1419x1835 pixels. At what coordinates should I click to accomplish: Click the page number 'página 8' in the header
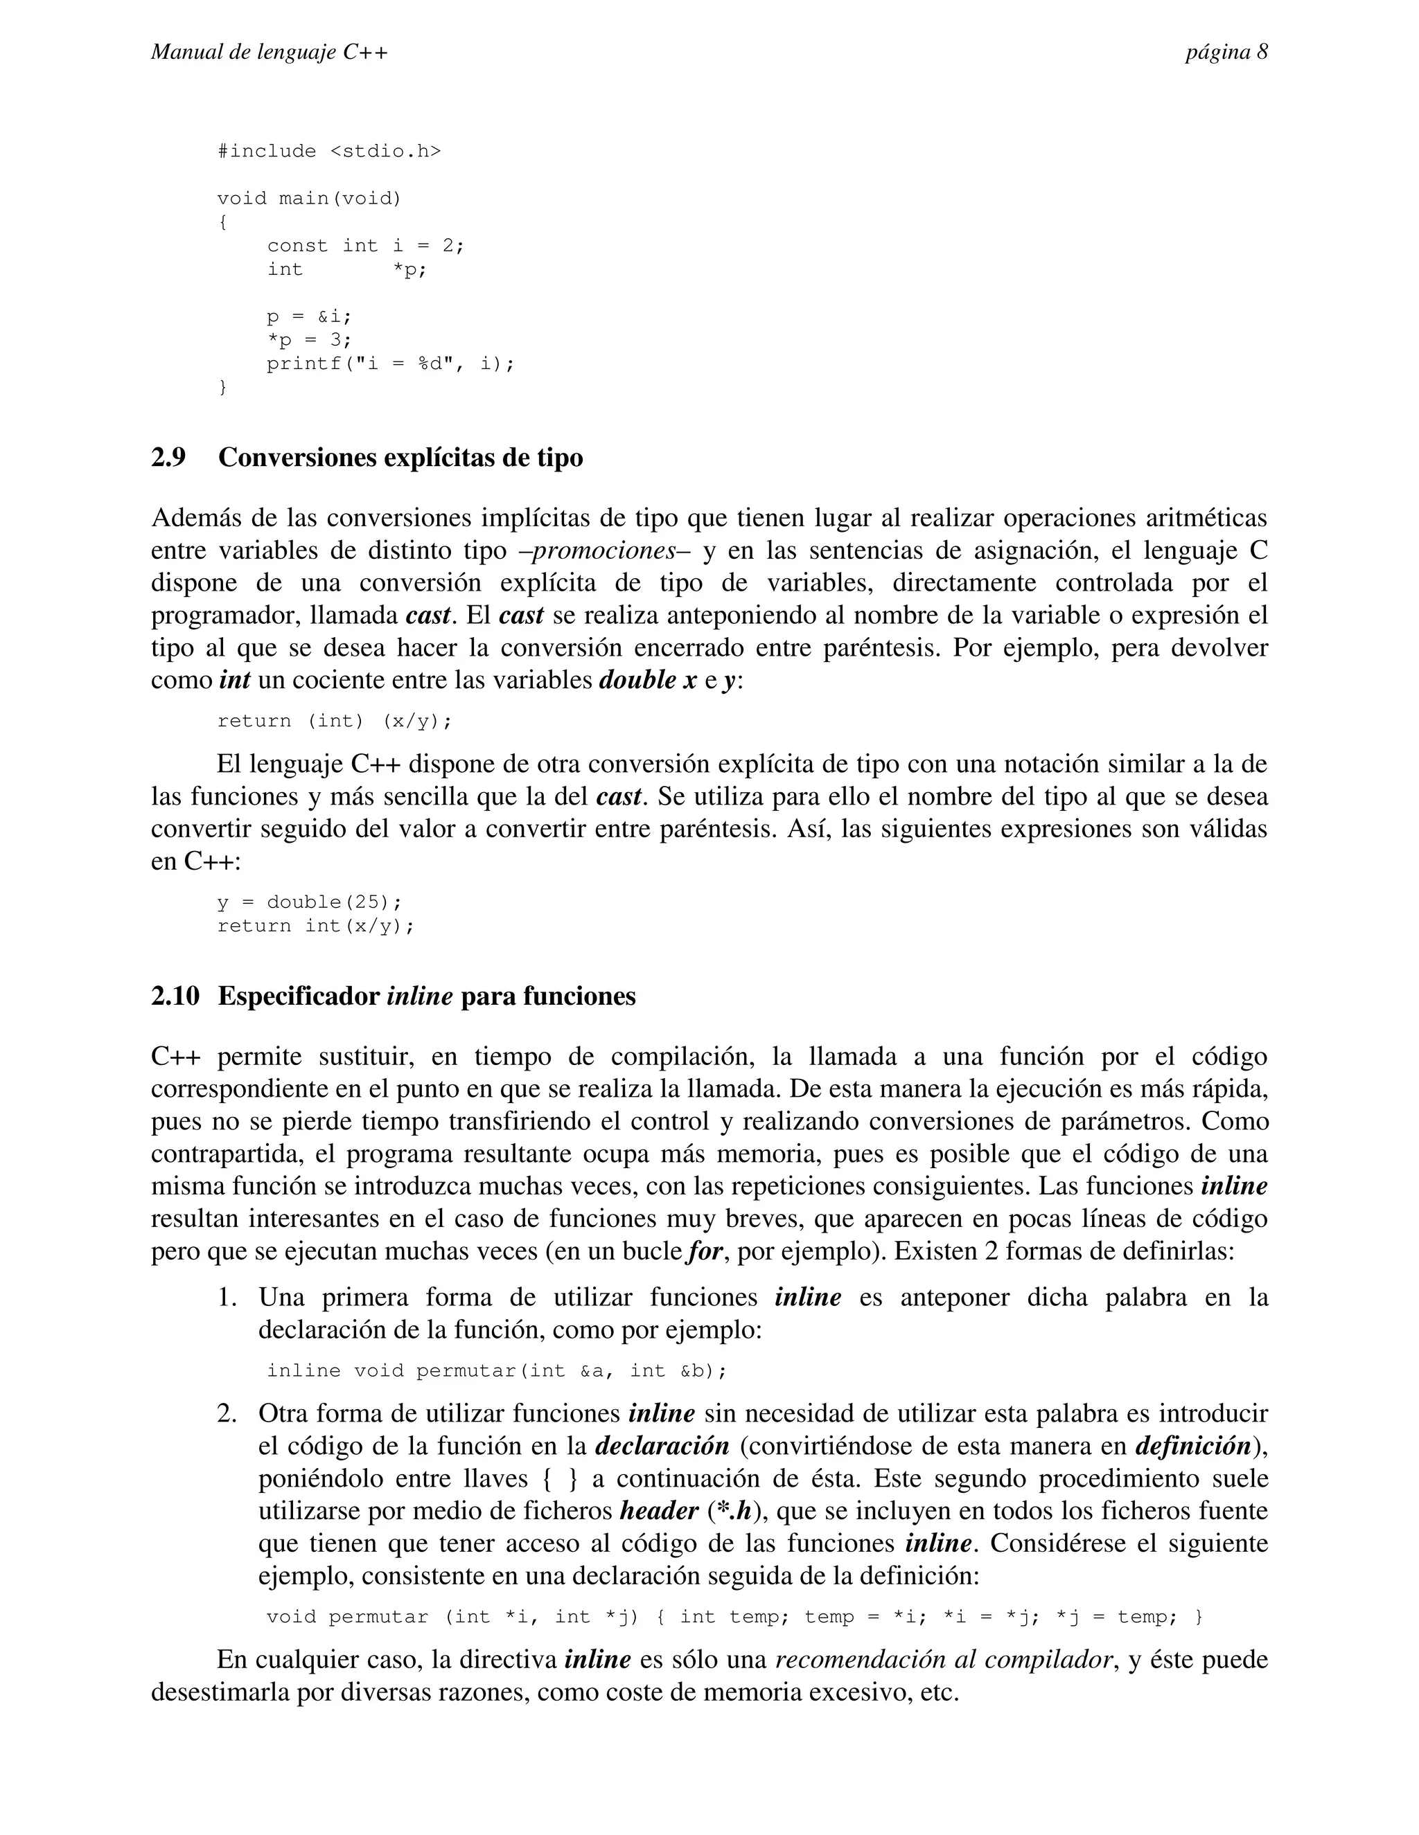coord(1226,52)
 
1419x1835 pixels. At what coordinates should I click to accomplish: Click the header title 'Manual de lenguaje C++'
coord(269,52)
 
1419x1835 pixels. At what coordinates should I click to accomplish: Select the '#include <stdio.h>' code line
coord(328,151)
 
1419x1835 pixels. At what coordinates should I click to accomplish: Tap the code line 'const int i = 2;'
coord(366,245)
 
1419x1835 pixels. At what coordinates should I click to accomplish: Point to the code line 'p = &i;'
coord(308,316)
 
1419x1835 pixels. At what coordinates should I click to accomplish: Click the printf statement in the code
coord(390,364)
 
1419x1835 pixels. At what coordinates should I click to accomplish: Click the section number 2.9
coord(168,458)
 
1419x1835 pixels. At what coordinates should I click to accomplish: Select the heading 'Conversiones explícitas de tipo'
coord(400,458)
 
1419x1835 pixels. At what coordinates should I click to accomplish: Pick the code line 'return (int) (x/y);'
coord(335,721)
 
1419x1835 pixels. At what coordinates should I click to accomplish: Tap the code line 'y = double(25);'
coord(309,902)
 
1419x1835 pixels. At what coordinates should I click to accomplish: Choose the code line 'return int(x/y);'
coord(316,926)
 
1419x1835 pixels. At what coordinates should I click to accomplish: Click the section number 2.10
coord(175,996)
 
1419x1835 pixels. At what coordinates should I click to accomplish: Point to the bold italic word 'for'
coord(705,1252)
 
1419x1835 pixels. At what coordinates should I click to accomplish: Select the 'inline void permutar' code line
coord(496,1371)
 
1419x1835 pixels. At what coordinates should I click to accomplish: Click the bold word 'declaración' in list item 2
coord(662,1446)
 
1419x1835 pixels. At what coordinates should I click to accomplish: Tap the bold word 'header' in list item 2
coord(658,1511)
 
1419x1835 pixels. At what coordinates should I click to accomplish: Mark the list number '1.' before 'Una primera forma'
coord(227,1297)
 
